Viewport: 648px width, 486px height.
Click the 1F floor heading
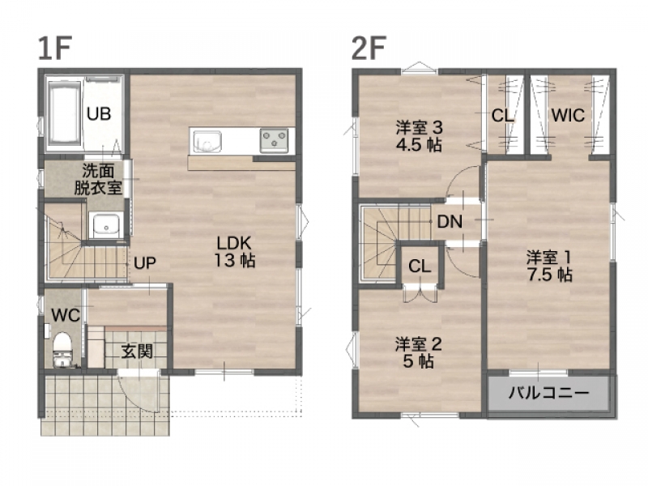coord(55,48)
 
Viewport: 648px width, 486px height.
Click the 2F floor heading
coord(369,48)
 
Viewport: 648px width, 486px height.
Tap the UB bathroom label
coord(99,113)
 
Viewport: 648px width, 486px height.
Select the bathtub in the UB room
coord(64,113)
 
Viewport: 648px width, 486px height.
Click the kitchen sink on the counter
coord(206,142)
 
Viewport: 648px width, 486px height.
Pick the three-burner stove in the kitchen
coord(274,140)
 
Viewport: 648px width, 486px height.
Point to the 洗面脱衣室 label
coord(98,179)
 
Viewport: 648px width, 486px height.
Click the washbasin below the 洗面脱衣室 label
coord(106,226)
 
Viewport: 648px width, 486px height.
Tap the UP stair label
coord(145,262)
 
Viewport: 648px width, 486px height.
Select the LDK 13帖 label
coord(234,252)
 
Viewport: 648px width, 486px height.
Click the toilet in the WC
coord(63,349)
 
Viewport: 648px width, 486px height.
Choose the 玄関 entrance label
coord(137,352)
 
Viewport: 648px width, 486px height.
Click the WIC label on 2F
coord(568,115)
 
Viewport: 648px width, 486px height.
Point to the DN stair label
coord(450,222)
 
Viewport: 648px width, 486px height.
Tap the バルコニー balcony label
coord(548,392)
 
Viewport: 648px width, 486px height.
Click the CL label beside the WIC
coord(502,115)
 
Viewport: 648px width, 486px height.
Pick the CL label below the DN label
coord(420,266)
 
